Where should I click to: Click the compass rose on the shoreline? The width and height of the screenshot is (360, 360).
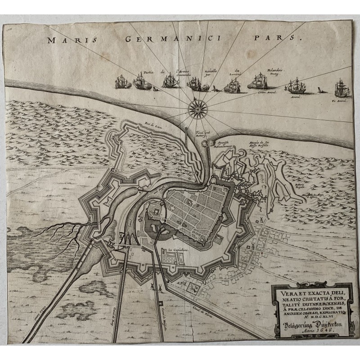pyautogui.click(x=197, y=108)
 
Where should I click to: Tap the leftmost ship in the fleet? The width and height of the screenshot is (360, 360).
pyautogui.click(x=121, y=82)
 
